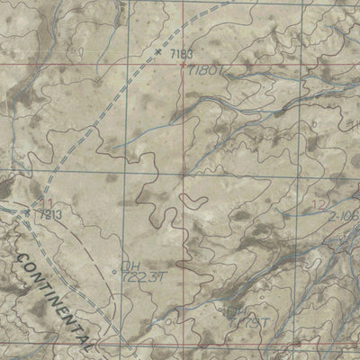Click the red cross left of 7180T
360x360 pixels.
click(183, 65)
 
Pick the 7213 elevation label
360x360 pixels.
click(47, 215)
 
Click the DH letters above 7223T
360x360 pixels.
click(131, 265)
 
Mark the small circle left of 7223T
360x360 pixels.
click(115, 271)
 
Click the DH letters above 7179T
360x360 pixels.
click(235, 311)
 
